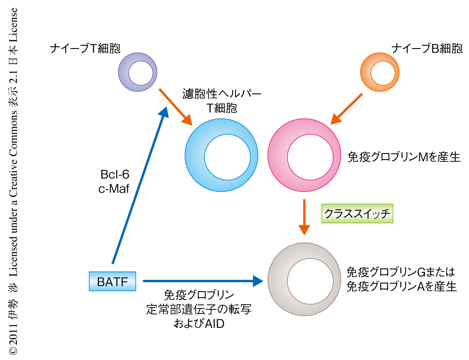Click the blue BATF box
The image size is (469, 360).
(x=112, y=281)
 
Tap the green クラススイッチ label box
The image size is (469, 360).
(x=357, y=213)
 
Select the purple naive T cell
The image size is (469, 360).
(x=138, y=72)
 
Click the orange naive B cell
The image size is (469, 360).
(x=379, y=72)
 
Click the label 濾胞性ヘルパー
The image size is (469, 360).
(x=222, y=94)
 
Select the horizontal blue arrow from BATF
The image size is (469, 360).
(x=202, y=280)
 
